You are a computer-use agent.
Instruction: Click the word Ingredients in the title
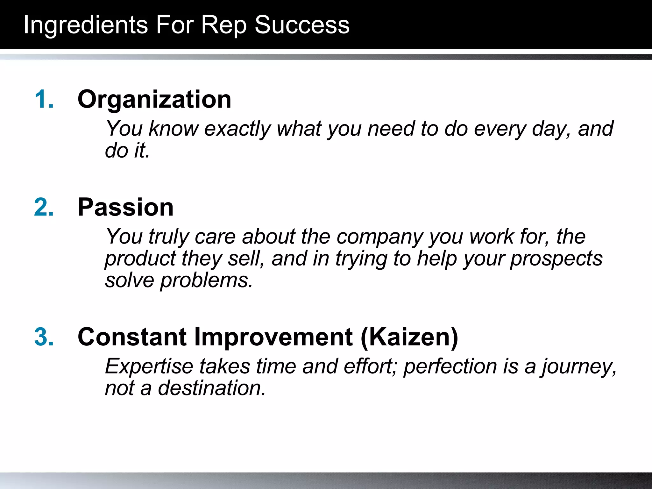coord(86,25)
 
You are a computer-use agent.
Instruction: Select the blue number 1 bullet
coord(44,99)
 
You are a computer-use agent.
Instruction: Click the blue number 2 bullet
coord(44,207)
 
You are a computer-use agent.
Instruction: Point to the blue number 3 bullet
coord(44,337)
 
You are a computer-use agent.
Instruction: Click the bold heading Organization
coord(154,99)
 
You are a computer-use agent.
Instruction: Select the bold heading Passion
coord(125,207)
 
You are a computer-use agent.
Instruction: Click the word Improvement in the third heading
coord(273,337)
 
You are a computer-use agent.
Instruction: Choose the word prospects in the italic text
coord(556,259)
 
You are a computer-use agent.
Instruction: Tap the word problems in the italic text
coord(206,281)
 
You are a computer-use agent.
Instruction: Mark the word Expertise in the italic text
coord(149,367)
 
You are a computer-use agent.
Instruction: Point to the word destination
coord(212,388)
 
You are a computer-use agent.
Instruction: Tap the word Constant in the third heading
coord(132,337)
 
